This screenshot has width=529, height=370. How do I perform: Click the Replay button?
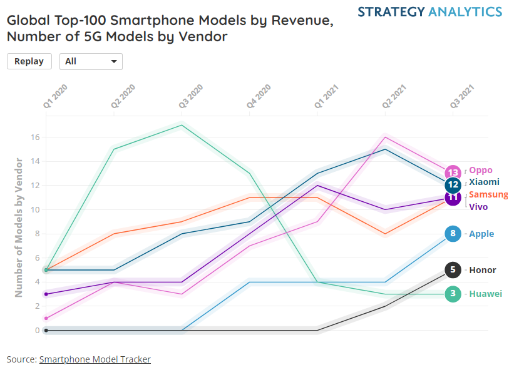(x=29, y=61)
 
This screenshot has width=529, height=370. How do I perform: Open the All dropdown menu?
(x=91, y=61)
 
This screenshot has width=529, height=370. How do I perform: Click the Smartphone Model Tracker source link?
(x=95, y=359)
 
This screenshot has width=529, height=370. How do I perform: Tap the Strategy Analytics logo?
(x=429, y=12)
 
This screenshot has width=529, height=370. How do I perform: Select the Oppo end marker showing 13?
(x=453, y=172)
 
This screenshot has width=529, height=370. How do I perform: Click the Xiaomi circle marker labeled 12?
(x=453, y=185)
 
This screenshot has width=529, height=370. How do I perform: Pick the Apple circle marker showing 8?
(x=453, y=234)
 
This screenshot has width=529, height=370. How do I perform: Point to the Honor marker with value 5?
(x=453, y=270)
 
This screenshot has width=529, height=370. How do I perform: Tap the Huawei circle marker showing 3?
(x=453, y=294)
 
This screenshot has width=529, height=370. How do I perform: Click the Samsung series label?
(x=488, y=194)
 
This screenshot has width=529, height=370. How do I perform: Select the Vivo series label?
(x=478, y=207)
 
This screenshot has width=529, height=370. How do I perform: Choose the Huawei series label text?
(x=485, y=294)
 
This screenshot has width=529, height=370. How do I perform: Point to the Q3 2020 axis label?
(x=191, y=97)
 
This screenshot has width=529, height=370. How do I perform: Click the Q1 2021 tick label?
(x=327, y=97)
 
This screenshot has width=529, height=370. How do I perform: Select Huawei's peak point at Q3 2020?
(x=182, y=125)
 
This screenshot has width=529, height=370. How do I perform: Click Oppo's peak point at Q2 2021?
(x=385, y=137)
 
